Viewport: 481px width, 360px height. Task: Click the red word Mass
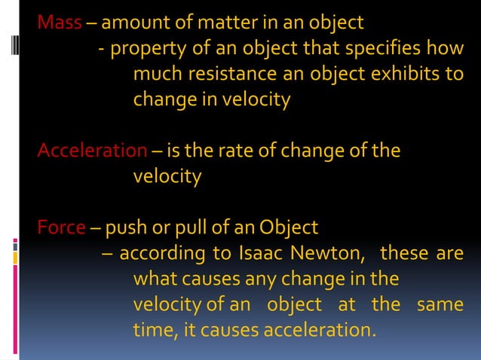[x=59, y=23]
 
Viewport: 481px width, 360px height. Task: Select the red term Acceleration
[x=92, y=151]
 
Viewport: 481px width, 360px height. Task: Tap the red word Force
[x=61, y=227]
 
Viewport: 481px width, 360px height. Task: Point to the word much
[x=156, y=75]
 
